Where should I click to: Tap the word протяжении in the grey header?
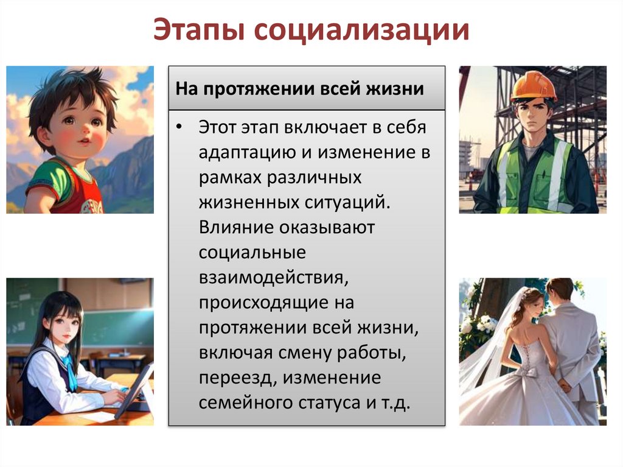coord(260,89)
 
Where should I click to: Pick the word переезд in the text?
coord(230,377)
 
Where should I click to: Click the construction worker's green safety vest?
coord(535,177)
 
